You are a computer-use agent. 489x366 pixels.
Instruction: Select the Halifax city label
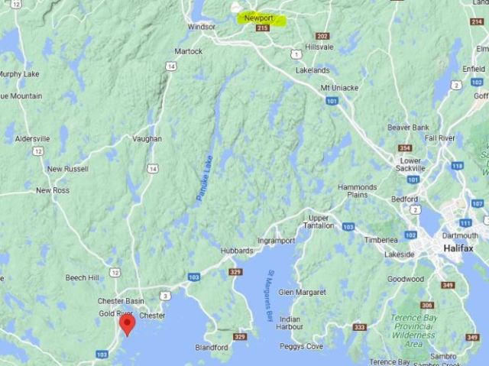click(455, 249)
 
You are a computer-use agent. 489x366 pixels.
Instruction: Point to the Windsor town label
click(202, 27)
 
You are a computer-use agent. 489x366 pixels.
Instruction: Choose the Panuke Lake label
click(205, 177)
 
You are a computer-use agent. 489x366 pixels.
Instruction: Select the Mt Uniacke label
click(339, 88)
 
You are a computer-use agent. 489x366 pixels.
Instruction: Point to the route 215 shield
click(264, 28)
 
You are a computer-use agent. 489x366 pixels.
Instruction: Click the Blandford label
click(212, 347)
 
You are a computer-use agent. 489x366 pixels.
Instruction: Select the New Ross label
click(53, 190)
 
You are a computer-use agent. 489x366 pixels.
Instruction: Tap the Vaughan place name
click(147, 139)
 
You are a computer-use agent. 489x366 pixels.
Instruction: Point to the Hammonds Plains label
click(358, 191)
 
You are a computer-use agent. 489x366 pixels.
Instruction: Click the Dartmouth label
click(458, 236)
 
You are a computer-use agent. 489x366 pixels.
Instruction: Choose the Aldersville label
click(31, 139)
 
